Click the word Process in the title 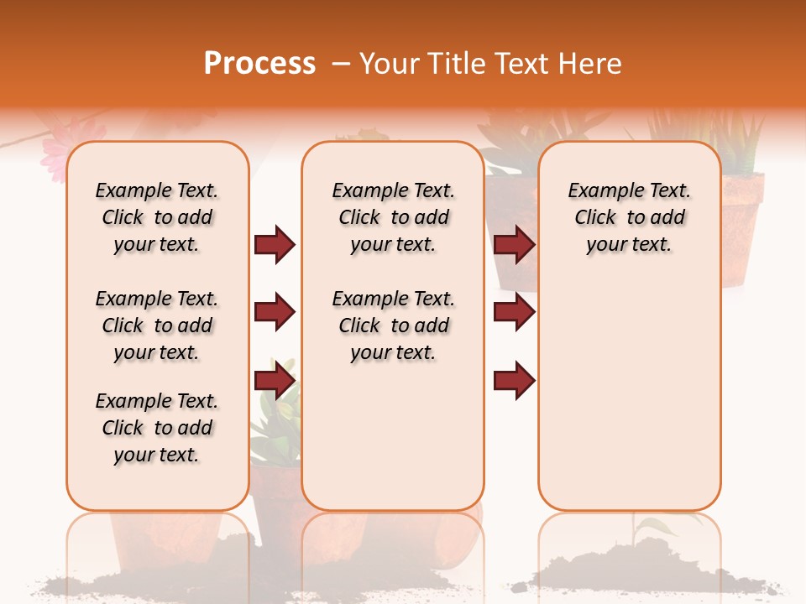259,64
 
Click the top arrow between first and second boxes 275,245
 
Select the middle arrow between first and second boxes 275,313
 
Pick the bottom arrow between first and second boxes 275,381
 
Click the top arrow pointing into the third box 514,245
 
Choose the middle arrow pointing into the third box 514,313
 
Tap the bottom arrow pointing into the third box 514,381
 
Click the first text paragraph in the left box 157,217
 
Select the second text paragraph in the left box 157,325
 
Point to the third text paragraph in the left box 157,428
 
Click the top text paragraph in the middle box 393,217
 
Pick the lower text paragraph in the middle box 393,325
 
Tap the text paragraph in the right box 629,217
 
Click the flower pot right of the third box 743,226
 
